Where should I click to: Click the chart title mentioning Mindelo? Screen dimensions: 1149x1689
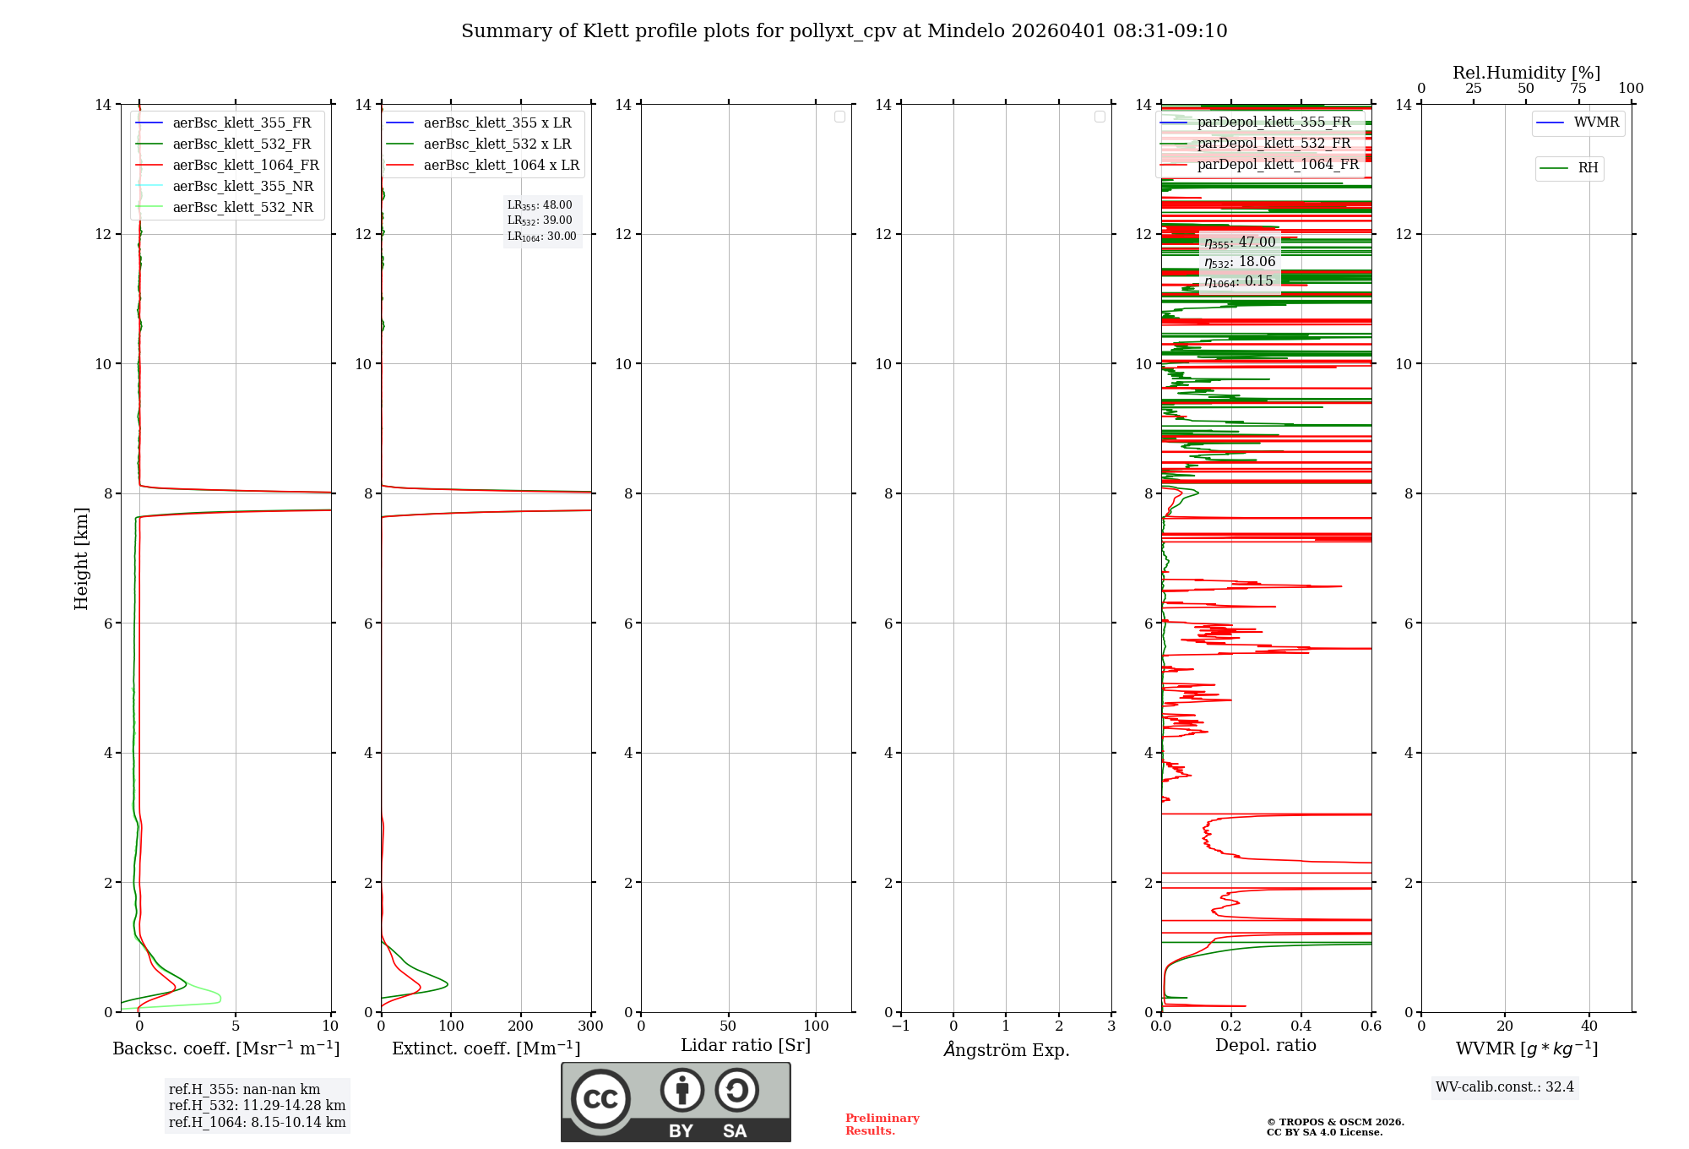point(844,31)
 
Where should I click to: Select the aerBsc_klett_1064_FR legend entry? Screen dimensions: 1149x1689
point(245,166)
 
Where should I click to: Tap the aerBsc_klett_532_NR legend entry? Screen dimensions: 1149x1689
point(242,208)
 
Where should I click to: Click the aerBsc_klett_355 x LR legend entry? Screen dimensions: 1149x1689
point(497,123)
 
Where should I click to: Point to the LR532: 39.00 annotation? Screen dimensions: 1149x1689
point(540,221)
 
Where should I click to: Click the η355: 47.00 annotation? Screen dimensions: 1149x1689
point(1240,242)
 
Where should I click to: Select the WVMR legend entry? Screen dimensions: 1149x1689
point(1595,123)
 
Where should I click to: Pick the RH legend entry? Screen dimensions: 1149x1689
point(1587,168)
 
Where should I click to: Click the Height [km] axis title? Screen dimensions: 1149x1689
point(81,558)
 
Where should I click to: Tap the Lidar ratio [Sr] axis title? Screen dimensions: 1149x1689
point(746,1046)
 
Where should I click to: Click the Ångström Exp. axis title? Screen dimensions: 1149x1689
point(1006,1049)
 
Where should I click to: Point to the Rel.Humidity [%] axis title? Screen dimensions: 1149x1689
point(1526,73)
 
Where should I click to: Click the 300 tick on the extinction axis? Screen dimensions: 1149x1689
point(590,1026)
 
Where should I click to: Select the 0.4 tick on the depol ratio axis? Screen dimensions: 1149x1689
point(1301,1026)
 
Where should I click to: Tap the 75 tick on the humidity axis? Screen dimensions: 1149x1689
point(1578,88)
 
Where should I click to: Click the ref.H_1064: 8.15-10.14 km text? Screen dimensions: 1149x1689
point(257,1122)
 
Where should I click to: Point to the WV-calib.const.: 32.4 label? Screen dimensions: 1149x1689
point(1504,1086)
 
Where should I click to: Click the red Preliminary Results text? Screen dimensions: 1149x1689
point(882,1124)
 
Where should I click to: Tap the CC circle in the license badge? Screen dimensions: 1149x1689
point(600,1099)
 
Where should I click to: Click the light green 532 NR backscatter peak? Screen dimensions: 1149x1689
point(219,998)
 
